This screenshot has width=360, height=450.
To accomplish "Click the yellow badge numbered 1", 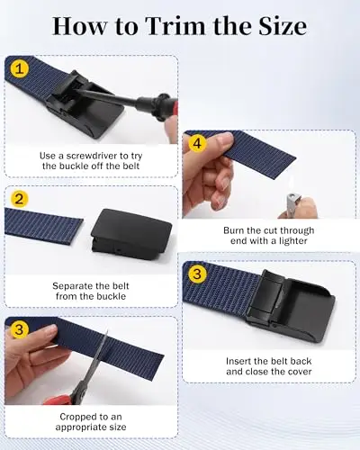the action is tap(20, 69).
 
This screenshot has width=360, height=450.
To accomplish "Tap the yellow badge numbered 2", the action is tap(19, 199).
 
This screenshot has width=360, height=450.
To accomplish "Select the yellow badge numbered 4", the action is tap(197, 144).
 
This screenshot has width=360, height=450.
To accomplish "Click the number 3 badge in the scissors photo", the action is tap(19, 329).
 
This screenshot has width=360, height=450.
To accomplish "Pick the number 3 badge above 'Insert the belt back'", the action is tap(197, 274).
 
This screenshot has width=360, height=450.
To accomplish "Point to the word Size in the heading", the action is tap(282, 26).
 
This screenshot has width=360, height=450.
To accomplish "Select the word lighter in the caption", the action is tap(292, 241).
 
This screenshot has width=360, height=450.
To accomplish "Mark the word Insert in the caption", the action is tap(238, 361).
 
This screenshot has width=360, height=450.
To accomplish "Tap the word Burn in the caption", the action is tap(234, 230).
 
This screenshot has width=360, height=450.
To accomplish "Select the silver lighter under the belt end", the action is tap(292, 204).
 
